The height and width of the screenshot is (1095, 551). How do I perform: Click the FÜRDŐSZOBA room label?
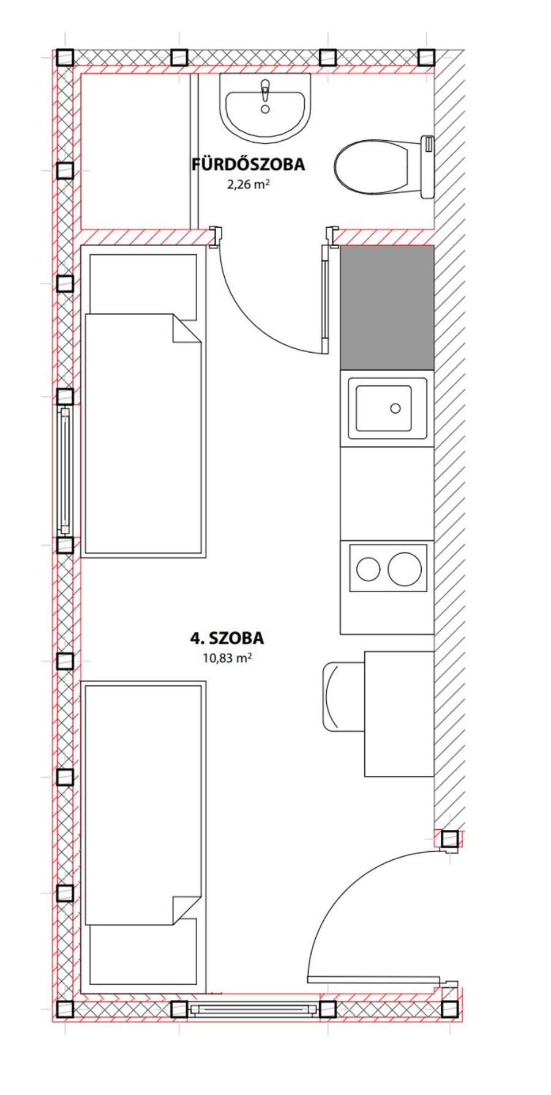point(248,164)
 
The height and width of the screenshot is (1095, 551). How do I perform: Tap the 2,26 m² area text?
point(249,184)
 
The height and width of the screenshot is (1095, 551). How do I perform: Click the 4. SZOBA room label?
point(227,638)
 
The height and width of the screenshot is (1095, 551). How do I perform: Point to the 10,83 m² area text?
point(227,658)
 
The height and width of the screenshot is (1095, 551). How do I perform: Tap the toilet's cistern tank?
point(428,167)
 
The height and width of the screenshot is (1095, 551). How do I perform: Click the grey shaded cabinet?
point(388,308)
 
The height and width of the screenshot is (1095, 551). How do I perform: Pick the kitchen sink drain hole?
point(395,408)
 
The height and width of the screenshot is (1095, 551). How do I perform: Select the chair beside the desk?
point(343,696)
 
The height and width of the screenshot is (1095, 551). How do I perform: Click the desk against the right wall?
point(399,714)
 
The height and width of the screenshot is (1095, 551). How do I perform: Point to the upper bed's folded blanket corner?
point(187,329)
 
